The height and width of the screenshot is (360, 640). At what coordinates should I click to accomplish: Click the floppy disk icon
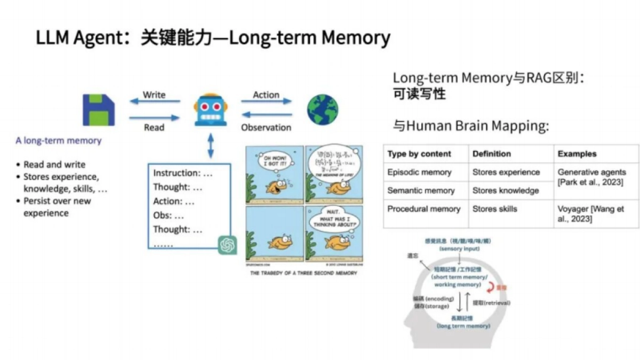[99, 110]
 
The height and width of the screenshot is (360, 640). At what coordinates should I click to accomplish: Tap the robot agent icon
[211, 110]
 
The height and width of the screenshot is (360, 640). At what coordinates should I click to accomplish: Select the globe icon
[322, 110]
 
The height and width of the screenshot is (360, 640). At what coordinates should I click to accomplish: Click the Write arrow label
[154, 95]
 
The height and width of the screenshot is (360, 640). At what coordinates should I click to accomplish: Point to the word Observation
[266, 127]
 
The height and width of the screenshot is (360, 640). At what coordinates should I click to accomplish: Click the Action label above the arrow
[266, 95]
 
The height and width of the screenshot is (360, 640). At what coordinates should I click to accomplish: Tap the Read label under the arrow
[154, 127]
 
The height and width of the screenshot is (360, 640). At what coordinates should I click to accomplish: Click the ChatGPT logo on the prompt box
[228, 245]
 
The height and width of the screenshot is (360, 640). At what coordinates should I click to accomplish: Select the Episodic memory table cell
[419, 172]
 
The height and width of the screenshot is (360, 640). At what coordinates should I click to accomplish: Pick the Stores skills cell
[494, 209]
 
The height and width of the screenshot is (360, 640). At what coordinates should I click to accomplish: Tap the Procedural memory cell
[423, 209]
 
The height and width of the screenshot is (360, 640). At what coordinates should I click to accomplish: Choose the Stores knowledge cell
[506, 190]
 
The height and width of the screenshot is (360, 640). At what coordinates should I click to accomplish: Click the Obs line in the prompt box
[169, 215]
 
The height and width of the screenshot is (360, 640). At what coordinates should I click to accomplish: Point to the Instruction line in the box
[183, 173]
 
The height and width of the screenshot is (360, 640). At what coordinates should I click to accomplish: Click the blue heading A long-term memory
[58, 141]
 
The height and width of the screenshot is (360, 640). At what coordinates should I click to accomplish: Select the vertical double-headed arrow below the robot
[211, 145]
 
